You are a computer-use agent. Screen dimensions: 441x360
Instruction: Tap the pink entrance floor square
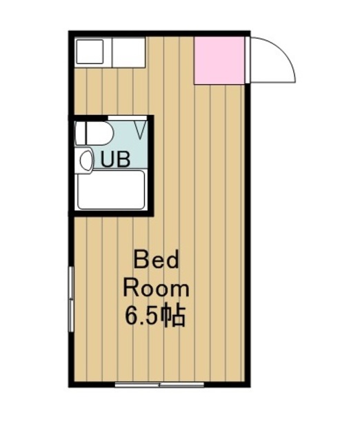(219, 61)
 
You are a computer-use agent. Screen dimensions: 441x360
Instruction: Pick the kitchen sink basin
(88, 52)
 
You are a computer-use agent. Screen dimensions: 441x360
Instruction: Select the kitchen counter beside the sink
(128, 52)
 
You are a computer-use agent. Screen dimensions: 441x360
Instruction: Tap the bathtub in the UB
(111, 189)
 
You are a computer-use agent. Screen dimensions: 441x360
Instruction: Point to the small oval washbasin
(86, 161)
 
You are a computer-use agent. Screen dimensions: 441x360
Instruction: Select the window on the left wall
(70, 296)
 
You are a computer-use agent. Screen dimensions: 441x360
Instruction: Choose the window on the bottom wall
(159, 384)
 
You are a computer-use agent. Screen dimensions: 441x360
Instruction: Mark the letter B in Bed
(139, 261)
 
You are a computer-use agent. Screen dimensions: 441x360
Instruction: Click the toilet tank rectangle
(80, 132)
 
